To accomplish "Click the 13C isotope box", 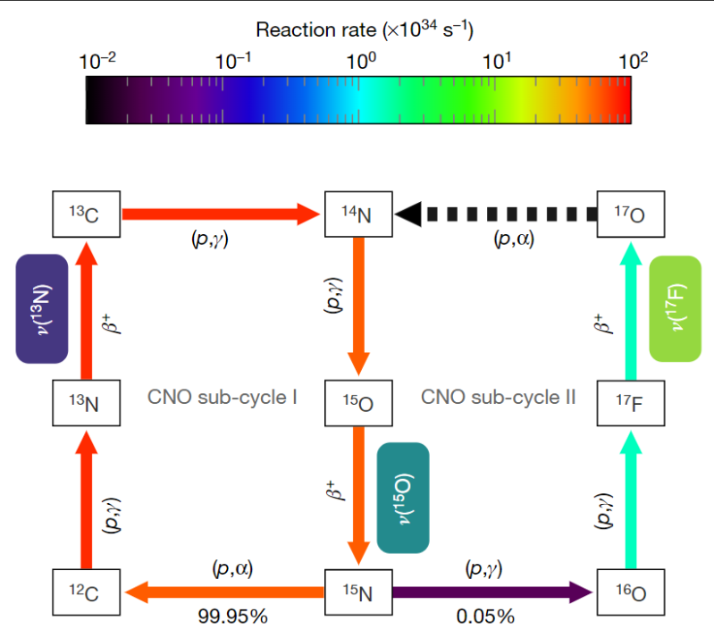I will pyautogui.click(x=87, y=214).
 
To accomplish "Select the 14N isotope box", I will pyautogui.click(x=358, y=214).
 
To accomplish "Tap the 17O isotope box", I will pyautogui.click(x=630, y=214).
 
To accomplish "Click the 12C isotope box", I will pyautogui.click(x=87, y=591).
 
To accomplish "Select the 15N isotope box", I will pyautogui.click(x=358, y=591).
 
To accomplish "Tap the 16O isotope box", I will pyautogui.click(x=630, y=591).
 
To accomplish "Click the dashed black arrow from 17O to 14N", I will pyautogui.click(x=496, y=214).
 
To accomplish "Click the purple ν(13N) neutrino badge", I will pyautogui.click(x=42, y=308).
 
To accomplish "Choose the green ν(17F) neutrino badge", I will pyautogui.click(x=676, y=308).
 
